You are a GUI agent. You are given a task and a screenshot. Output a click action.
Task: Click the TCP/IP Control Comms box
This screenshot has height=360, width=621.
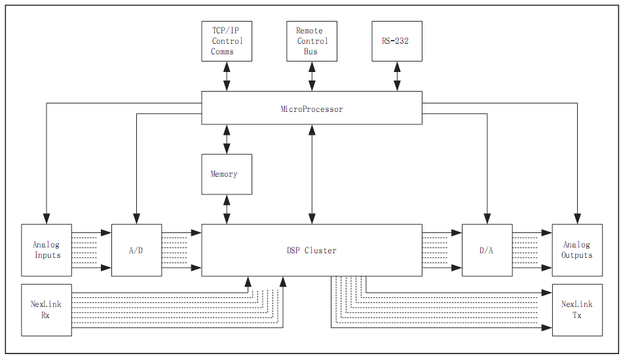[227, 41]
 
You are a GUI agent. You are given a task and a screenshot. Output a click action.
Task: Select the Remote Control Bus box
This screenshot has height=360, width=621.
[312, 41]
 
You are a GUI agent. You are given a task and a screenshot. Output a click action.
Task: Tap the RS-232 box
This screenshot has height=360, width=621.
[397, 41]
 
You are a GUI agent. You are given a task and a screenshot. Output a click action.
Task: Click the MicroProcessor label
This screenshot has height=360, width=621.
[312, 109]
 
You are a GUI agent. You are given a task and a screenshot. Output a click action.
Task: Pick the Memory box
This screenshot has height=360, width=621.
[227, 174]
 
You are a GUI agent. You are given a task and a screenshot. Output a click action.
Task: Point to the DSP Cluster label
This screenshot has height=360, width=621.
[312, 250]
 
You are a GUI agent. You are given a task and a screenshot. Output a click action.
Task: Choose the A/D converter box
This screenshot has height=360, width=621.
[136, 250]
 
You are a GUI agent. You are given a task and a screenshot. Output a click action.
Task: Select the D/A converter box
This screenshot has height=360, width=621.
[487, 250]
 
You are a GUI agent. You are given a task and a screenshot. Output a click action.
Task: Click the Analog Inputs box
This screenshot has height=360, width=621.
[47, 250]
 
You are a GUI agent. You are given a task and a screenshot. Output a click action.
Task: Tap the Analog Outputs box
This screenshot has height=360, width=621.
[577, 250]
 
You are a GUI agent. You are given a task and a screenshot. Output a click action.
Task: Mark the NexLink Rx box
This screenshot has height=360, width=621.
[47, 310]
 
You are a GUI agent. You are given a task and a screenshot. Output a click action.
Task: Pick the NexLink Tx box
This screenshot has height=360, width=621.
[577, 310]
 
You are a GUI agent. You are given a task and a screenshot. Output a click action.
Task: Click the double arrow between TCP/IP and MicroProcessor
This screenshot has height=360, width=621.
[227, 77]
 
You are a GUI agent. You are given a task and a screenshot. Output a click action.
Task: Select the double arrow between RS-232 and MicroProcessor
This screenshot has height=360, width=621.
[397, 77]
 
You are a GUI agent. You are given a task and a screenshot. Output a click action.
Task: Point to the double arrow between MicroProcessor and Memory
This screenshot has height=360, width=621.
[227, 139]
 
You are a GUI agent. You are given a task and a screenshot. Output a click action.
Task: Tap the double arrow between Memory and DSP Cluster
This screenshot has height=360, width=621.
[227, 209]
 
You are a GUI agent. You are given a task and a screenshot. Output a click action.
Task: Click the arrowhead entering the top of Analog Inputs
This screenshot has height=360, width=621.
[47, 219]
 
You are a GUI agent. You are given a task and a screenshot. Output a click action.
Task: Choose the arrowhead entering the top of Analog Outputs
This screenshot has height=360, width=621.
[577, 219]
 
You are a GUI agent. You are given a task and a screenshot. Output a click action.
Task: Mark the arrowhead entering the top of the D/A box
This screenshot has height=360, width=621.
[487, 219]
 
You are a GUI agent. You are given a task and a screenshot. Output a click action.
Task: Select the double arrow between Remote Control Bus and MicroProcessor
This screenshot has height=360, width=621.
[312, 77]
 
